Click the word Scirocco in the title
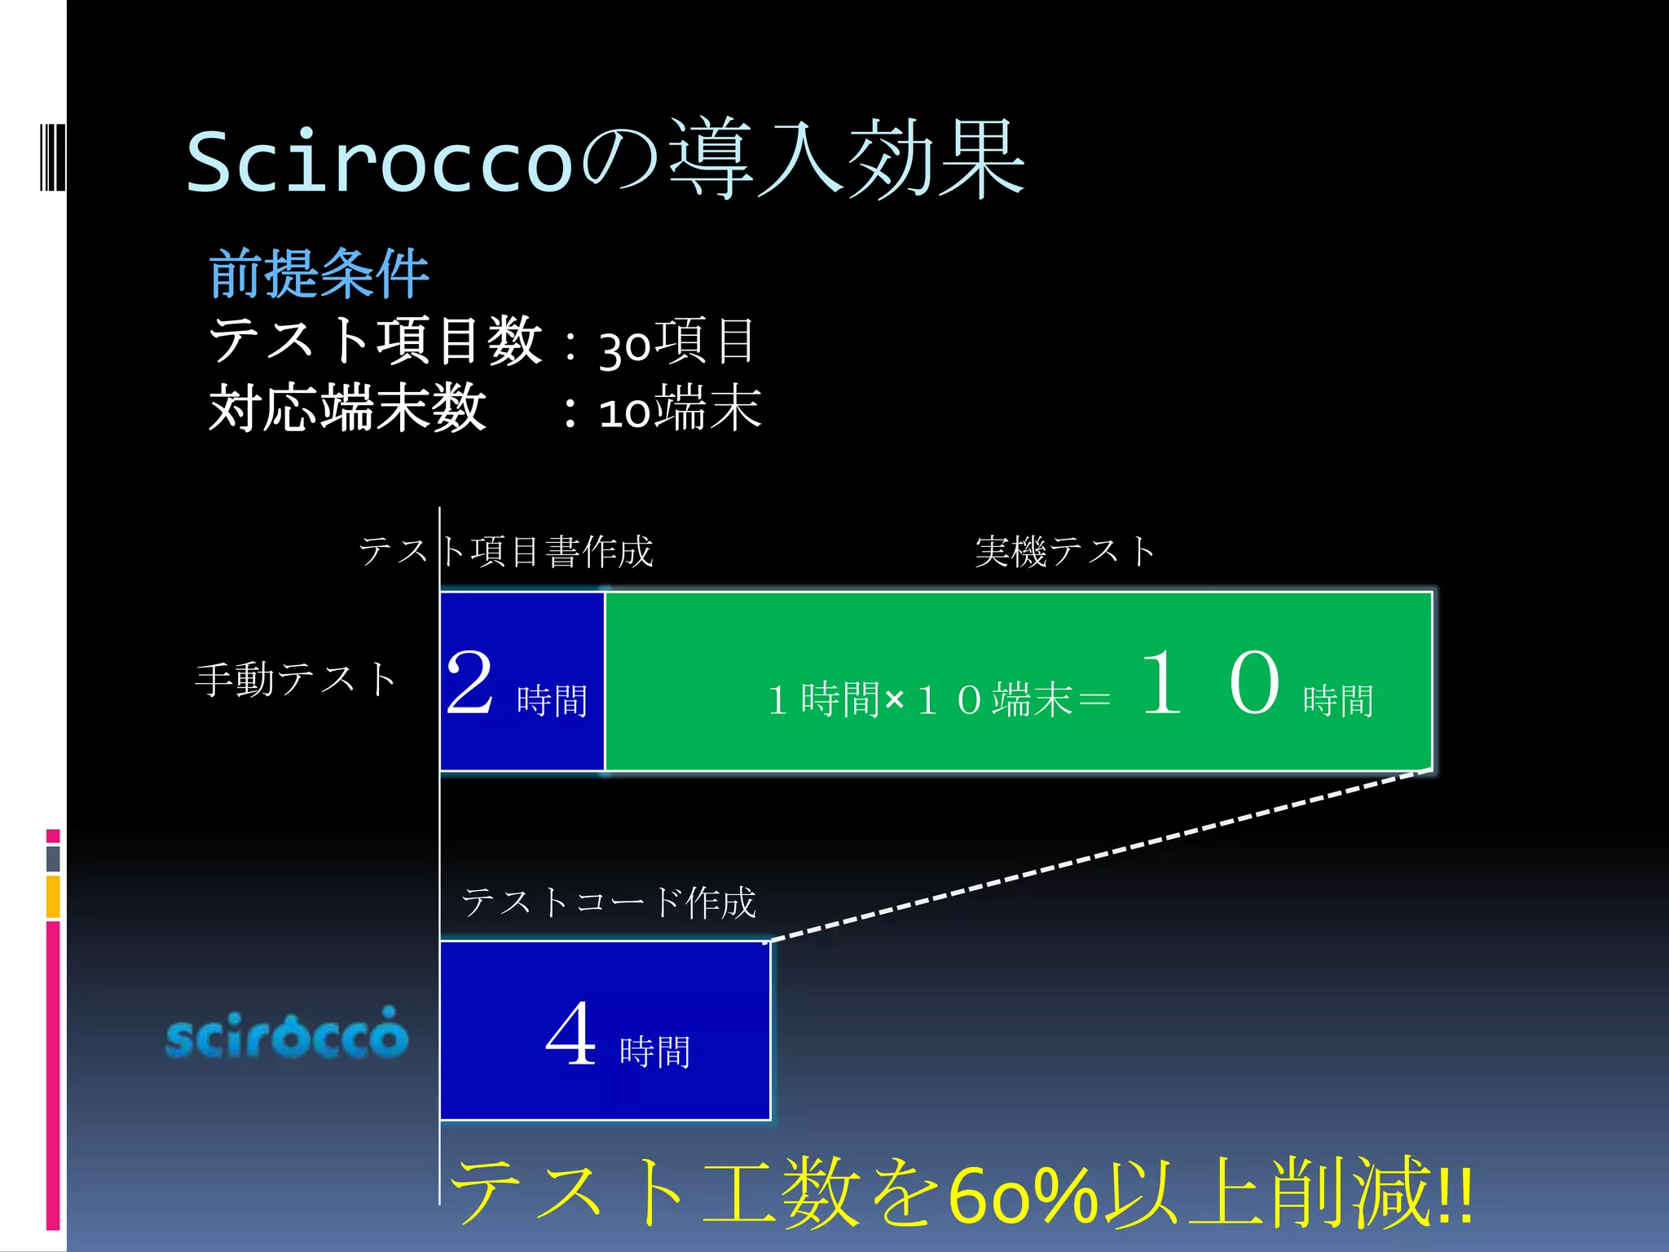[x=380, y=161]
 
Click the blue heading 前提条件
[x=319, y=274]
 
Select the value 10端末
[x=680, y=409]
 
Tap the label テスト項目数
[x=375, y=341]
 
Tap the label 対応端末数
[x=348, y=408]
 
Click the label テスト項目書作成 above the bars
[x=506, y=552]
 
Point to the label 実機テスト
[x=1065, y=552]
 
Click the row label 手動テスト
[x=295, y=679]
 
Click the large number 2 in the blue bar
[x=470, y=683]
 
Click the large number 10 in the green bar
[x=1209, y=683]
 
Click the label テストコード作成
[x=609, y=902]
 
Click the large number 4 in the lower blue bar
[x=570, y=1034]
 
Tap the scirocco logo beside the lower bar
[x=286, y=1034]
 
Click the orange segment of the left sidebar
[x=53, y=897]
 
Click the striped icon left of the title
[x=52, y=156]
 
